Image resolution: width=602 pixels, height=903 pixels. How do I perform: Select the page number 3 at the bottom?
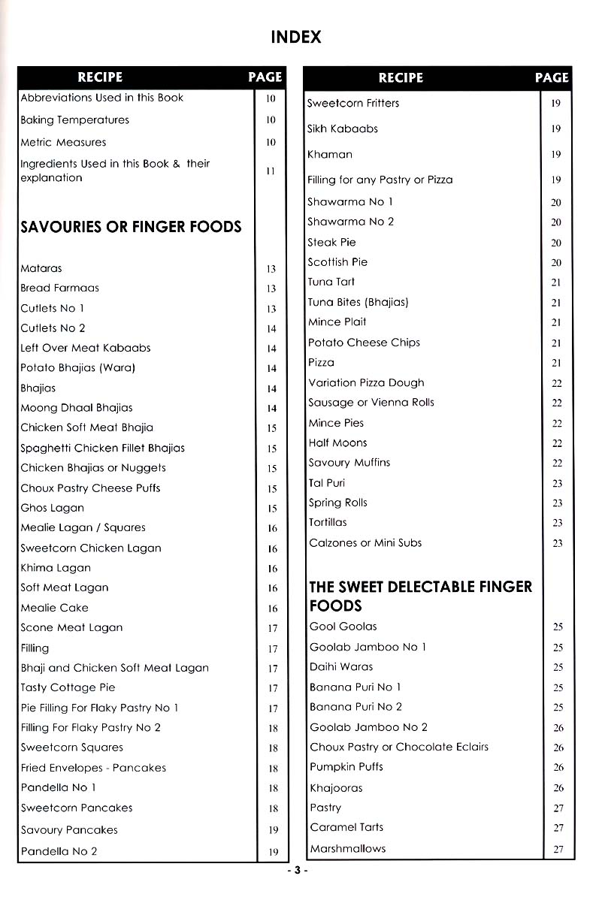[297, 871]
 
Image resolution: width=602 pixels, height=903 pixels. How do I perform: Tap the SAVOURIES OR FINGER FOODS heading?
[131, 226]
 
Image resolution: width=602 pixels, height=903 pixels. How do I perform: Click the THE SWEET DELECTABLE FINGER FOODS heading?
[420, 596]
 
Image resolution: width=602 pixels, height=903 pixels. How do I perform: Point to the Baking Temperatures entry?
[74, 120]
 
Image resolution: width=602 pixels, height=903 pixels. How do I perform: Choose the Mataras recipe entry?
[41, 268]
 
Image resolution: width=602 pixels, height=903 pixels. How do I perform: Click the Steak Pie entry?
[331, 242]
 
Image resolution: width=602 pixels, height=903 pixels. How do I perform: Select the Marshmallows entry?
[347, 848]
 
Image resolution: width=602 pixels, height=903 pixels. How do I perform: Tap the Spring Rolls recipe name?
[337, 503]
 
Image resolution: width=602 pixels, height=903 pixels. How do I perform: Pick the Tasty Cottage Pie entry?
[68, 687]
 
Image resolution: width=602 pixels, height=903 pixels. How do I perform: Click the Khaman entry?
[329, 154]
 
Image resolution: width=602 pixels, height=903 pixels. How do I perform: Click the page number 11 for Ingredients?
[271, 171]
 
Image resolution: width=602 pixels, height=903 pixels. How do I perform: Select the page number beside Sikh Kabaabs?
[556, 129]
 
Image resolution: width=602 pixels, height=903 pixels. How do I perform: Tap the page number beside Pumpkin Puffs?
[558, 768]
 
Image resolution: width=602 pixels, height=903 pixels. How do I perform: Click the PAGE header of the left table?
[265, 77]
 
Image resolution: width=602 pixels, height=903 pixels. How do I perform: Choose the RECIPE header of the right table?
[401, 77]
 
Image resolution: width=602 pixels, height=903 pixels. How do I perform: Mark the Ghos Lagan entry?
[52, 508]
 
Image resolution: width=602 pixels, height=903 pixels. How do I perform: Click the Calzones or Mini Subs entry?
[365, 542]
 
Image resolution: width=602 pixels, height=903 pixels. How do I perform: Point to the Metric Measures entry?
[63, 142]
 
